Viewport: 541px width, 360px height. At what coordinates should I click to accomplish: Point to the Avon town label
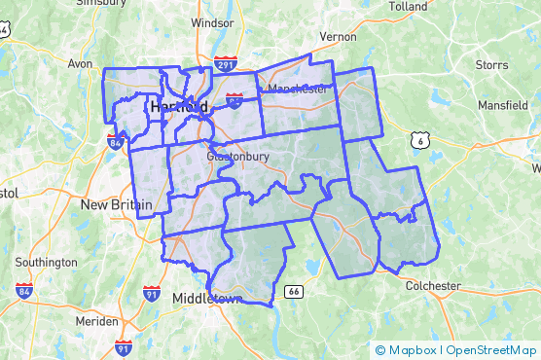coord(80,64)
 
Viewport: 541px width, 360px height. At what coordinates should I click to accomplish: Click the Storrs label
coord(494,66)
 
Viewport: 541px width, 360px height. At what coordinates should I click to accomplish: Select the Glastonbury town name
coord(236,156)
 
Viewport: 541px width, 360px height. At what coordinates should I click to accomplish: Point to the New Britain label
coord(116,204)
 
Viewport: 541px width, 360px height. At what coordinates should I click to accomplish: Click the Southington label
coord(47,262)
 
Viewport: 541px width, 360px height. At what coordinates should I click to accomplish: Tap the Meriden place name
coord(98,321)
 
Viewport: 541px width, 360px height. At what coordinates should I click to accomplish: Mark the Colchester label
coord(433,286)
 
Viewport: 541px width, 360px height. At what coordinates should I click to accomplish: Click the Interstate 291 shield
coord(225,65)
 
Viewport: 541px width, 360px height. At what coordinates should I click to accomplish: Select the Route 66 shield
coord(292,291)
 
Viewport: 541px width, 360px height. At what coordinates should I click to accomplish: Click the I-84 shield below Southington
coord(23,290)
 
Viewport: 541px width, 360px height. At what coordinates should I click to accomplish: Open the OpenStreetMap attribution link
coord(491,350)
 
